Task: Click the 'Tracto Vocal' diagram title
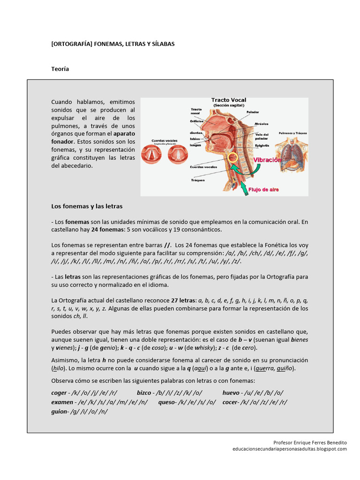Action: point(228,100)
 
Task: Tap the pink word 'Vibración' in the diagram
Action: point(267,160)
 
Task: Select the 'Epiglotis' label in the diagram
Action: point(262,145)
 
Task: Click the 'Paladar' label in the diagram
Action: point(253,112)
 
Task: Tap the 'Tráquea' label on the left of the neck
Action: point(197,180)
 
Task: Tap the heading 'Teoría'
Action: point(60,69)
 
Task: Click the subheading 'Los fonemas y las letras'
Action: point(87,206)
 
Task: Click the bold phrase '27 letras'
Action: point(183,300)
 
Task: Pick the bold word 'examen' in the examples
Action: point(62,402)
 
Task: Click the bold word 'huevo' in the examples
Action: point(231,393)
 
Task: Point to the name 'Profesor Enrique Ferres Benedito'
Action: point(310,442)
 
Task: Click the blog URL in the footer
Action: point(289,449)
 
